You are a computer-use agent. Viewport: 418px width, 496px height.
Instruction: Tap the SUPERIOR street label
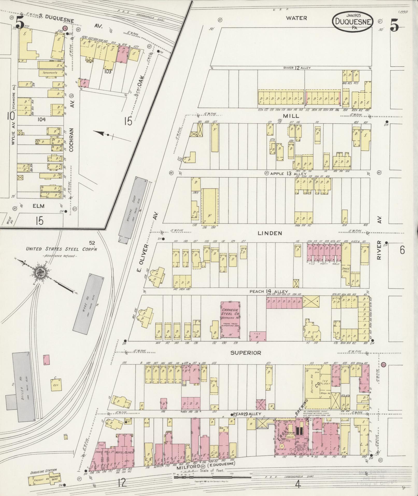click(246, 353)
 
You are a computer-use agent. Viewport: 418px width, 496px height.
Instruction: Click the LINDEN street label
click(270, 233)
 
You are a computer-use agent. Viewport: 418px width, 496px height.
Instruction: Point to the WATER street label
click(296, 18)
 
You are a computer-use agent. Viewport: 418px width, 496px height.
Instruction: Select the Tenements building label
click(50, 73)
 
